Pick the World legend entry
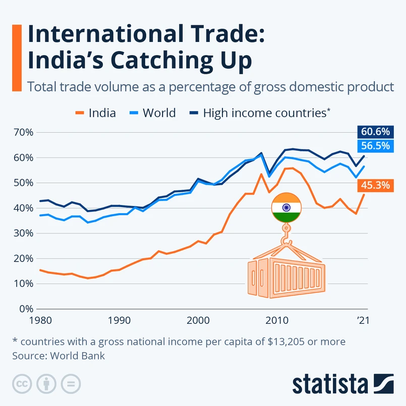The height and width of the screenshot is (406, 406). point(152,113)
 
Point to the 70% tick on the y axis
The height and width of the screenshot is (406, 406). point(23,132)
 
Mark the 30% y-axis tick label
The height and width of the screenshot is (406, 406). point(23,233)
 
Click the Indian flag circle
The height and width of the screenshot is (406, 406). point(286,208)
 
